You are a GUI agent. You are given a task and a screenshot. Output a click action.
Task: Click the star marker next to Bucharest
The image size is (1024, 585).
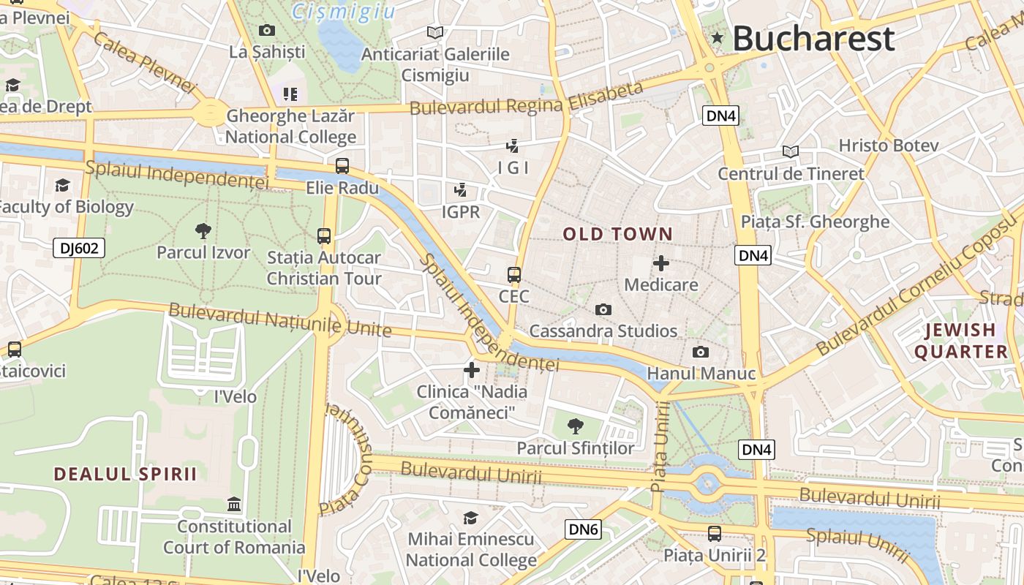coord(718,38)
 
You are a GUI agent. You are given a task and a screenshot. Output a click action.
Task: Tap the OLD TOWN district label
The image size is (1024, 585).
coord(618,235)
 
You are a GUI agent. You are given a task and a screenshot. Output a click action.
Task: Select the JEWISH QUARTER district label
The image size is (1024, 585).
coord(961,341)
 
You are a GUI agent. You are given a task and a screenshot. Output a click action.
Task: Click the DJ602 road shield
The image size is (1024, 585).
coord(79,249)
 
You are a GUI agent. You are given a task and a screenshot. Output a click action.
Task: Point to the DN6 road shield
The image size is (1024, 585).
coord(583,529)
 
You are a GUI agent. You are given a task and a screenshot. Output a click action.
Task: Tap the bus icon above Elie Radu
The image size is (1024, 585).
coord(342,166)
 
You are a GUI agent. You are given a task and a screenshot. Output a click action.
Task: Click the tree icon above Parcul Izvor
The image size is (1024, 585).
coord(203,231)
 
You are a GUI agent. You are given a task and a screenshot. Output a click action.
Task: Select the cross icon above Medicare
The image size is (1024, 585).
coord(661,263)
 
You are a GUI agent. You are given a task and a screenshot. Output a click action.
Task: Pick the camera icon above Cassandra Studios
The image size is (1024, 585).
coord(603,309)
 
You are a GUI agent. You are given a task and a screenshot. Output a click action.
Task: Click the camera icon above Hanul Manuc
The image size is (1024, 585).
coord(701,352)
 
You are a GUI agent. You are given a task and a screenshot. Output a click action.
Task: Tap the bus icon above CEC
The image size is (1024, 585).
coord(514,275)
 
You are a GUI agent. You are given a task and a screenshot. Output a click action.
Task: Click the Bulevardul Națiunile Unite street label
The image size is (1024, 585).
coord(280,320)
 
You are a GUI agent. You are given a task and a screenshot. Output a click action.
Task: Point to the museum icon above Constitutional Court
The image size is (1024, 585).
coord(234,505)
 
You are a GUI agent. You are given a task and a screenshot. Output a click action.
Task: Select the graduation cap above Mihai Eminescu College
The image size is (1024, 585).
coord(471,518)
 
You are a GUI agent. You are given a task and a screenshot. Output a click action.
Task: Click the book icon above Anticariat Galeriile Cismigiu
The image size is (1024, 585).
coord(435,32)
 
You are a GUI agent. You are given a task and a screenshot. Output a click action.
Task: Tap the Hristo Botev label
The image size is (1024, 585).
coord(888,146)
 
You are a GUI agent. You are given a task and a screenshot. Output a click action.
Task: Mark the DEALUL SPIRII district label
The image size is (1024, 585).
coord(126,474)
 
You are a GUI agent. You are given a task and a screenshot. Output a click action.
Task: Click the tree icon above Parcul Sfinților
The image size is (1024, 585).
coord(576,426)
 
